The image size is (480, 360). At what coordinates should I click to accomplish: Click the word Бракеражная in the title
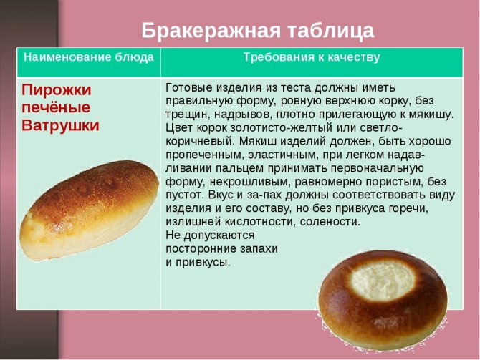pos(211,31)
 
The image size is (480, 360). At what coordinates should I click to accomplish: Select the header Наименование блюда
pos(89,57)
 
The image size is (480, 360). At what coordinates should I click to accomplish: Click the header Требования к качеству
pos(312,57)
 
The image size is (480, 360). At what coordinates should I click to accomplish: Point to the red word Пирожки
pos(57,90)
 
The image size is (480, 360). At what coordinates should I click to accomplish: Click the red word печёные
pos(56,107)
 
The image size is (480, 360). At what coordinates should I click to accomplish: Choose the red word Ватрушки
pos(60,125)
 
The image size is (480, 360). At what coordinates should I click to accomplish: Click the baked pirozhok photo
pos(89,209)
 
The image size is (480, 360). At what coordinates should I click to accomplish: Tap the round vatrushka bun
pos(383,299)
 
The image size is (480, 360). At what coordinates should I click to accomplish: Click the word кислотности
pos(259,221)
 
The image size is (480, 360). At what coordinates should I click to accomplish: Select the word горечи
pos(408,208)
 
